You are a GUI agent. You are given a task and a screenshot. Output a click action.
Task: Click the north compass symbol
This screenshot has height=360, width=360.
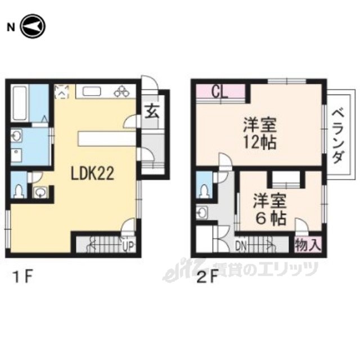point(33,26)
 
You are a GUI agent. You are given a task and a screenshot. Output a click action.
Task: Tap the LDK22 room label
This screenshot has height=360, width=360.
point(92,174)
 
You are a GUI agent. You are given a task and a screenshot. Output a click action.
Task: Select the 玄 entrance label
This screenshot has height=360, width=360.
point(151,111)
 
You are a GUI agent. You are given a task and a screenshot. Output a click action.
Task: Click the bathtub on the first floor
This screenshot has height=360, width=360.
point(20,103)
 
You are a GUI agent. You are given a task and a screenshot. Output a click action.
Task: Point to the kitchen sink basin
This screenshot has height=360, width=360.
point(92,92)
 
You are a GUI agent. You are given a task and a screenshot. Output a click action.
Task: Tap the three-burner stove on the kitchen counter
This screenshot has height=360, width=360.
point(122,91)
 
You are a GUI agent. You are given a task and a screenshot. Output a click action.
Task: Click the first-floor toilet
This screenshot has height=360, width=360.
point(19,191)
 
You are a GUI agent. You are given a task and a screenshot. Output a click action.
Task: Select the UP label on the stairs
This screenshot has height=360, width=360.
point(128,247)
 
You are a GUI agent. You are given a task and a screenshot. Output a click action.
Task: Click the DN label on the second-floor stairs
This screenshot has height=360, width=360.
point(241,246)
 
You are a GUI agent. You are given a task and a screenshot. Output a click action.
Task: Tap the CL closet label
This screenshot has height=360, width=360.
point(219,92)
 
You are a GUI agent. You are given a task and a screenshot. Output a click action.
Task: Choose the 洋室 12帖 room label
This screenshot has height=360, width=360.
point(260,133)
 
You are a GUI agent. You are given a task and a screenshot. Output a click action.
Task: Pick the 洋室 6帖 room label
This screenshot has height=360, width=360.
point(270,209)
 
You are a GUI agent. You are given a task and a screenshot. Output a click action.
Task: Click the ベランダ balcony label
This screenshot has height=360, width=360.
point(339,136)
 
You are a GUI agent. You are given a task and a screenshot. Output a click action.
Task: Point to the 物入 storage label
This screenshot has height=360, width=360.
point(308,245)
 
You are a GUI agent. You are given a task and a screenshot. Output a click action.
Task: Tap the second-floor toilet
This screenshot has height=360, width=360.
point(204,191)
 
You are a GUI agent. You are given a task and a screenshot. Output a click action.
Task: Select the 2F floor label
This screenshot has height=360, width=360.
point(208,278)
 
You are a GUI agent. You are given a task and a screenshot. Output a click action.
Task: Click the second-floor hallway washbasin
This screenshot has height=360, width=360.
point(202,213)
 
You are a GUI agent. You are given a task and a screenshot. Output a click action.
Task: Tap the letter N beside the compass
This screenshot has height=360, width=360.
point(11,28)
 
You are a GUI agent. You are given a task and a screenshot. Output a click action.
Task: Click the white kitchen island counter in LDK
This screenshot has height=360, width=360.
point(107,138)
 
